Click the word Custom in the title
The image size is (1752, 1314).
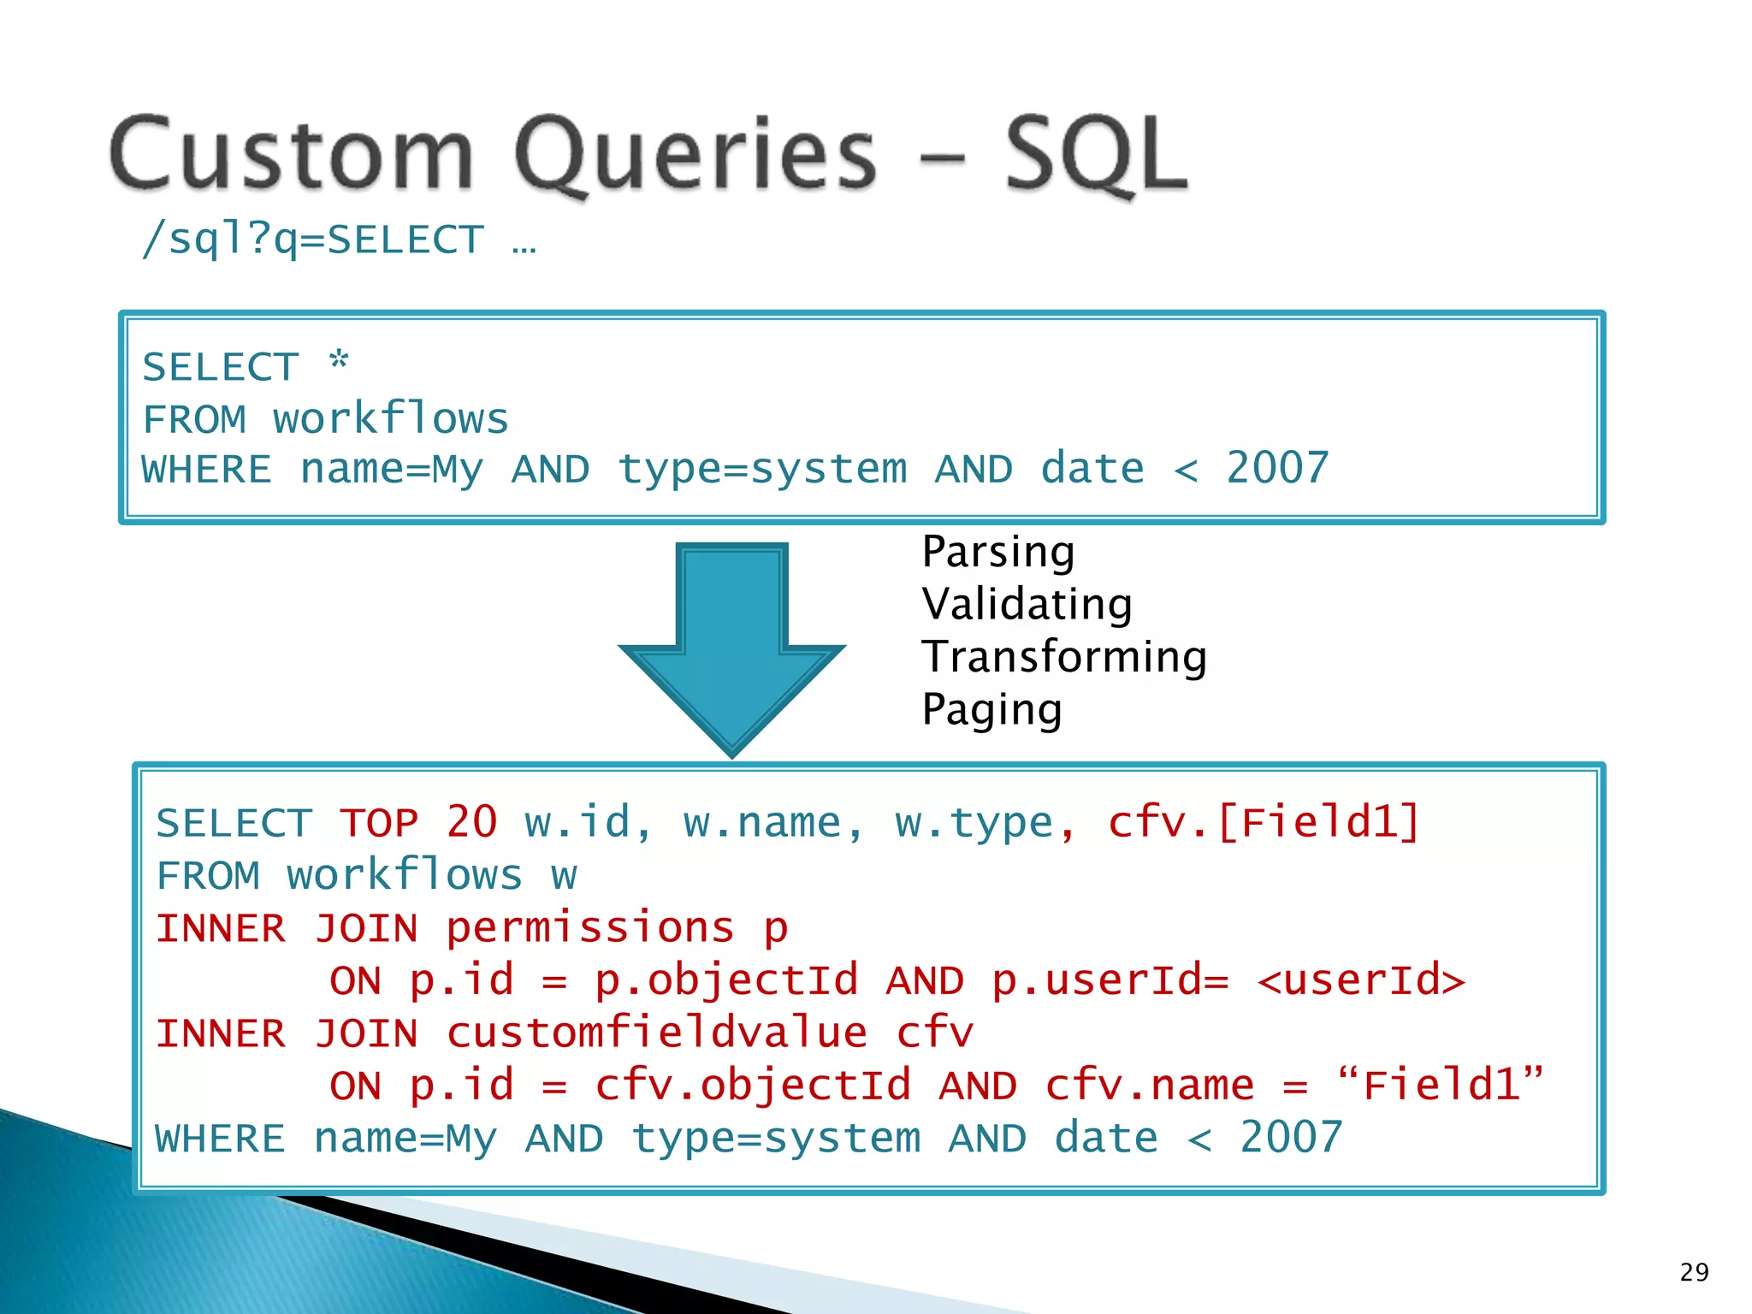[x=292, y=154]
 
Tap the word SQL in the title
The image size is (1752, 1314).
[x=1096, y=154]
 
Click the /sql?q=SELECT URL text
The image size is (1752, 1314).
[x=313, y=239]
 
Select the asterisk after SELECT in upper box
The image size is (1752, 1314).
[x=340, y=361]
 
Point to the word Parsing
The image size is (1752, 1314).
[x=997, y=552]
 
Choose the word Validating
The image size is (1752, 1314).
[x=1027, y=604]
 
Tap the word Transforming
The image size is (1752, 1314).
[x=1063, y=657]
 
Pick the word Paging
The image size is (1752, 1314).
[x=991, y=710]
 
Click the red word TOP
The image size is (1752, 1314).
[x=379, y=823]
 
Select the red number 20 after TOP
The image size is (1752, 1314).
[x=471, y=823]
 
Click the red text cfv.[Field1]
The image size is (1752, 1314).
[x=1264, y=823]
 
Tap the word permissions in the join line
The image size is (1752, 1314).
[x=589, y=928]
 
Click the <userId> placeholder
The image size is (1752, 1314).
[x=1361, y=980]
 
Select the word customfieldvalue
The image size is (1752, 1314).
[x=656, y=1033]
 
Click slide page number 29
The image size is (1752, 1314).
[x=1694, y=1272]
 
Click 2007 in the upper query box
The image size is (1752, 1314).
[x=1277, y=469]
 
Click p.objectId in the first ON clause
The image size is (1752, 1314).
[x=725, y=980]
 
